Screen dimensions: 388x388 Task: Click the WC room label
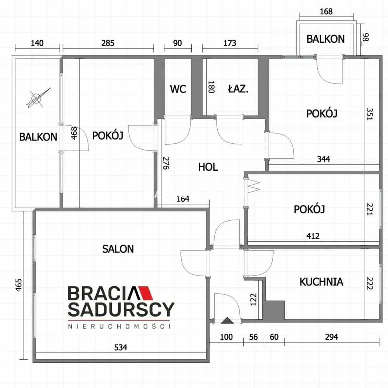tap(178, 89)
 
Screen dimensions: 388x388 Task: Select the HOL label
tap(208, 167)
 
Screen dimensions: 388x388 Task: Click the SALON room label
tap(118, 249)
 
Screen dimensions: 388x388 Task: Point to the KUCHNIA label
tap(321, 282)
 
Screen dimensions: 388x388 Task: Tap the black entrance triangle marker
tap(227, 320)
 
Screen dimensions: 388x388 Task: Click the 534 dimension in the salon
tap(121, 348)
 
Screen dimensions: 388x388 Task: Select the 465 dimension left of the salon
tap(19, 285)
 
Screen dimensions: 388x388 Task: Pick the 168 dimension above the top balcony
tap(326, 11)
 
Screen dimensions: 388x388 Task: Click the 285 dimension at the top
tap(108, 43)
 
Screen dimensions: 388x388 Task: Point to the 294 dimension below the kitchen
tap(331, 337)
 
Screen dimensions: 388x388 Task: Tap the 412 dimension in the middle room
tap(313, 236)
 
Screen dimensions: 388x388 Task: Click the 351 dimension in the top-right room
tap(369, 114)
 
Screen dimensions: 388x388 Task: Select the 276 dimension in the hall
tap(166, 163)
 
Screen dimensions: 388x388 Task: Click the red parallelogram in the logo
tap(146, 293)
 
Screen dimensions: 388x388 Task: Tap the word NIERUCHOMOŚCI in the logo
tap(119, 326)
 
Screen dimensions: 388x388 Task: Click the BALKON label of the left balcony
tap(38, 137)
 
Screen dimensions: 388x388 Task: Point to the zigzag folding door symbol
tap(253, 187)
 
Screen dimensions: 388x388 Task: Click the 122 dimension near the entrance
tap(254, 300)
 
